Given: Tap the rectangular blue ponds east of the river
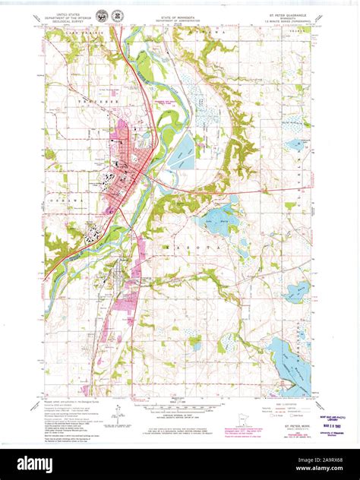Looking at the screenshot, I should pyautogui.click(x=182, y=154).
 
